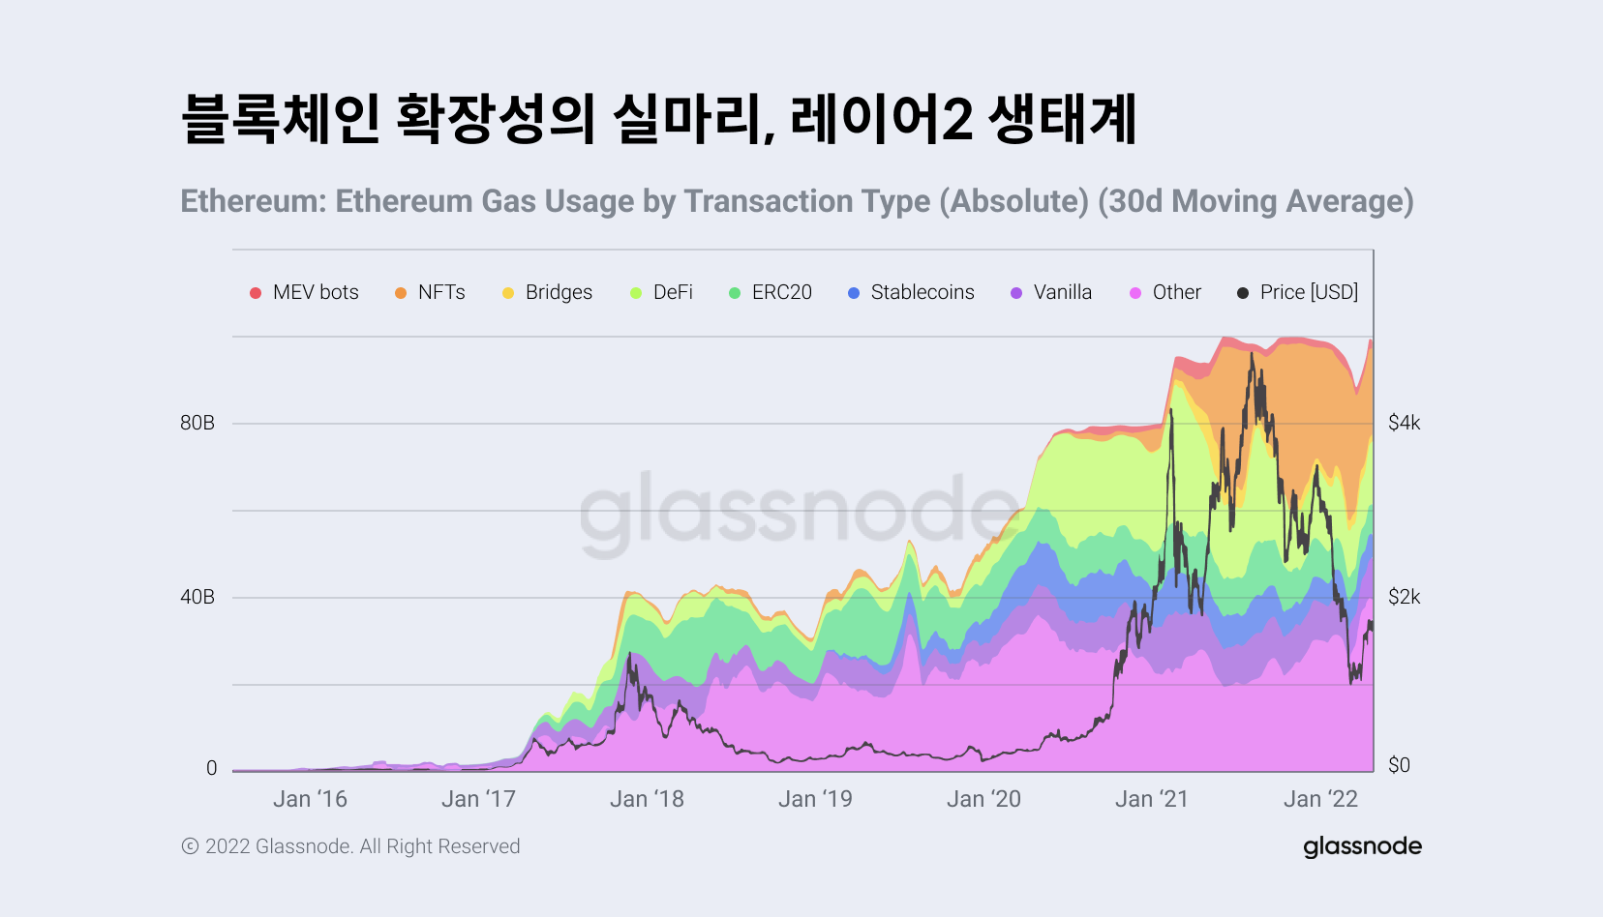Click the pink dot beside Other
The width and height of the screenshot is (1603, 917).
tap(1135, 293)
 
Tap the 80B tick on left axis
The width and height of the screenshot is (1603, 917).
tap(197, 423)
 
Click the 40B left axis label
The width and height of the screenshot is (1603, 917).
tap(197, 597)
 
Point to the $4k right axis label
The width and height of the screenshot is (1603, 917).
tap(1404, 423)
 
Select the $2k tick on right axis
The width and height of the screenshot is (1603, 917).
tap(1404, 597)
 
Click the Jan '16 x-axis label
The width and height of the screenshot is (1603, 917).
tap(310, 799)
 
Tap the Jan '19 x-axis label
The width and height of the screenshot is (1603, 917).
tap(815, 799)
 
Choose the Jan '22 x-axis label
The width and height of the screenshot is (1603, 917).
tap(1320, 799)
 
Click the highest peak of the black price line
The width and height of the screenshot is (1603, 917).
tap(1252, 354)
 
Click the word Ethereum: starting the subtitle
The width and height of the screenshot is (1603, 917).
tap(254, 201)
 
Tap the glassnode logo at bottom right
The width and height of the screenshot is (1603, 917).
tap(1362, 846)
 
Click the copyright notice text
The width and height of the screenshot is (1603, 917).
tap(351, 846)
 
